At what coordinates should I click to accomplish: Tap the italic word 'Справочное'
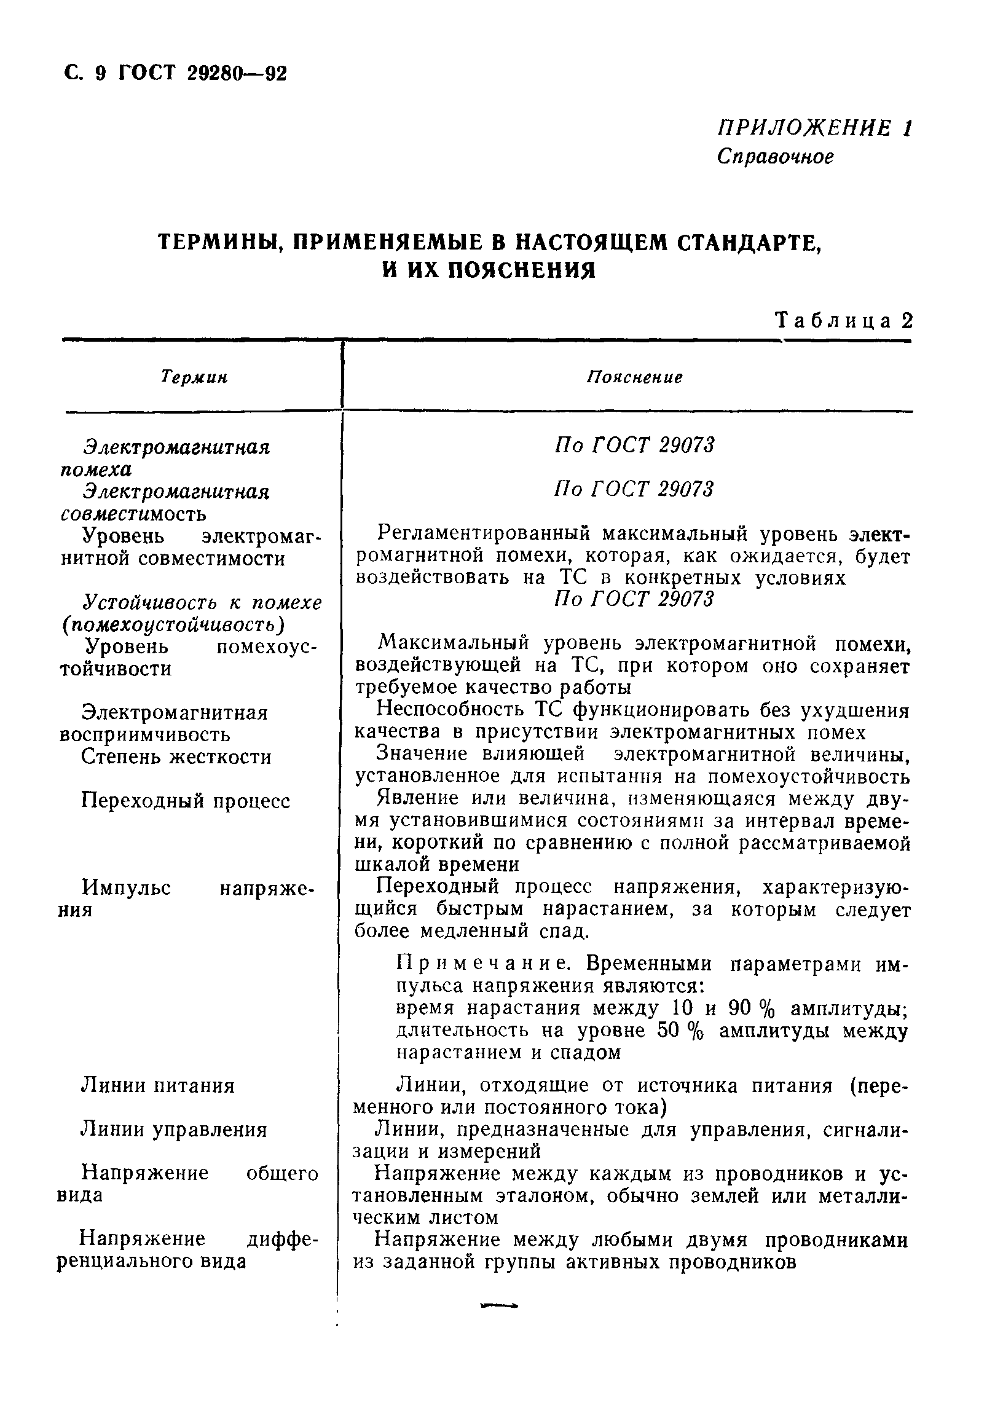point(775,157)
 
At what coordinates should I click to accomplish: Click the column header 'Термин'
point(194,377)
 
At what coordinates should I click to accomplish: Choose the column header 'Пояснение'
point(634,377)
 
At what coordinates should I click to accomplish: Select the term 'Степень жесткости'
point(176,757)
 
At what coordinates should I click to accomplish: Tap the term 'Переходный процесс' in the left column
point(186,801)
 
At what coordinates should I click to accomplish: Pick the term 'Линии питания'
point(158,1086)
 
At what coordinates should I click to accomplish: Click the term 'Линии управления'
point(174,1130)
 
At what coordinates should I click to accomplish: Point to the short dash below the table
point(499,1306)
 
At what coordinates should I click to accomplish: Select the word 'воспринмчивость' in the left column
point(145,734)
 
